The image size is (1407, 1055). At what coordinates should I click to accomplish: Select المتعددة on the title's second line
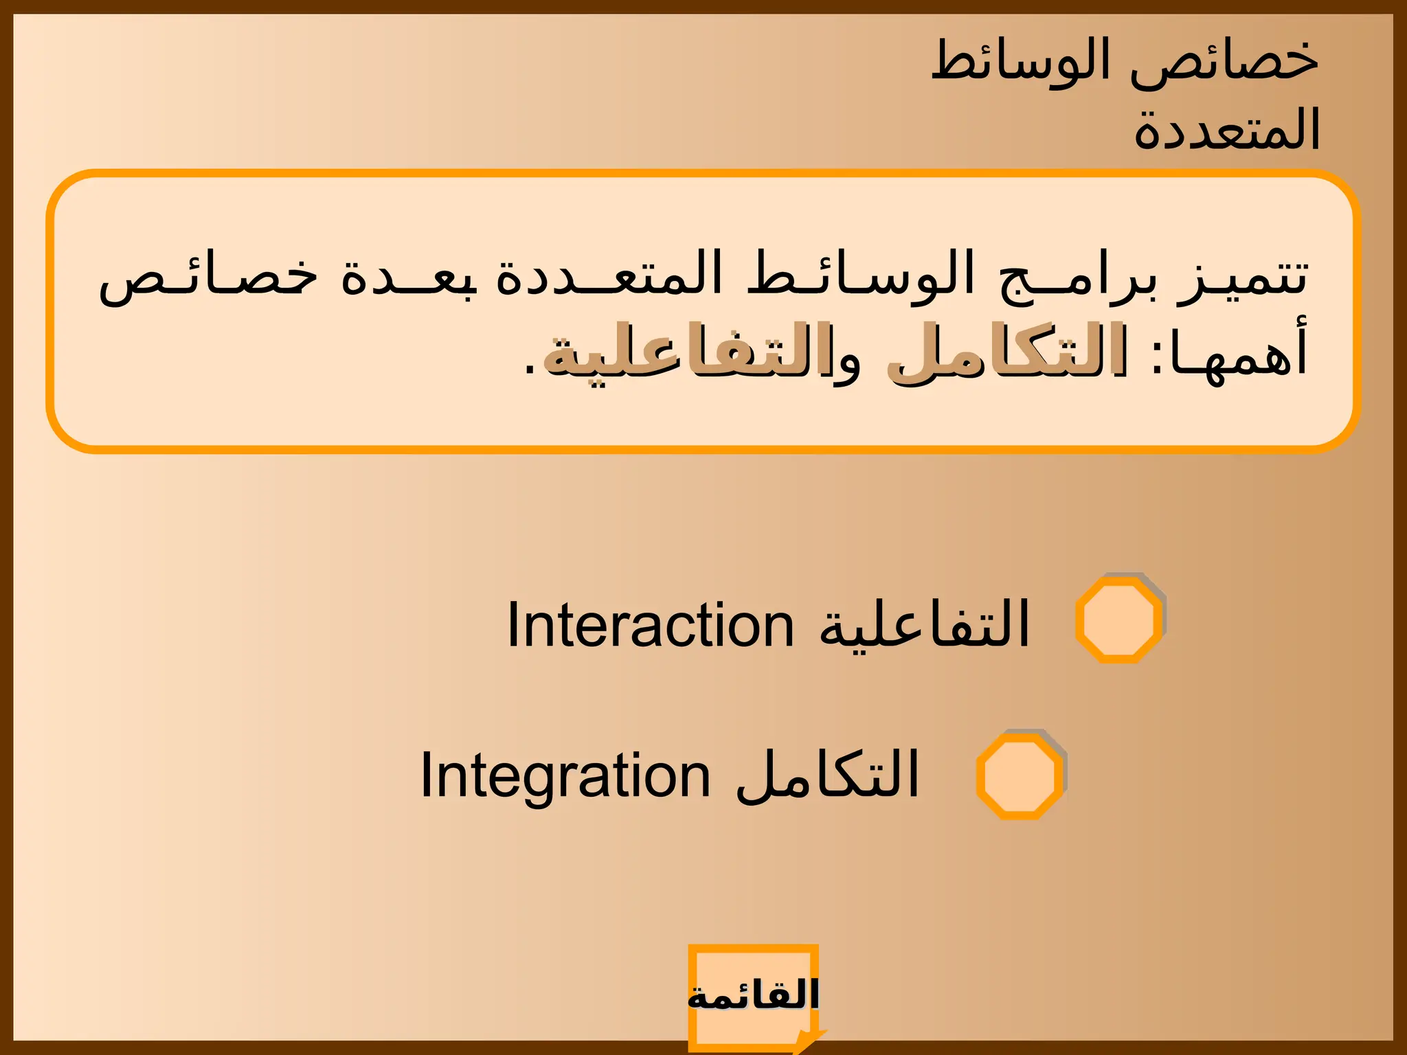[x=1227, y=131]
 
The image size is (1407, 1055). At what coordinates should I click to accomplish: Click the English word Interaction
[x=650, y=625]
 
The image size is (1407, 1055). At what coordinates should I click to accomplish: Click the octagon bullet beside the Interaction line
[x=1118, y=620]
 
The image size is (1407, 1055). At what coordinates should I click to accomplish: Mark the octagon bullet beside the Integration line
[x=1020, y=775]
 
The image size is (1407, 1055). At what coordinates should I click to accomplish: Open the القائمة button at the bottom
[x=754, y=997]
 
